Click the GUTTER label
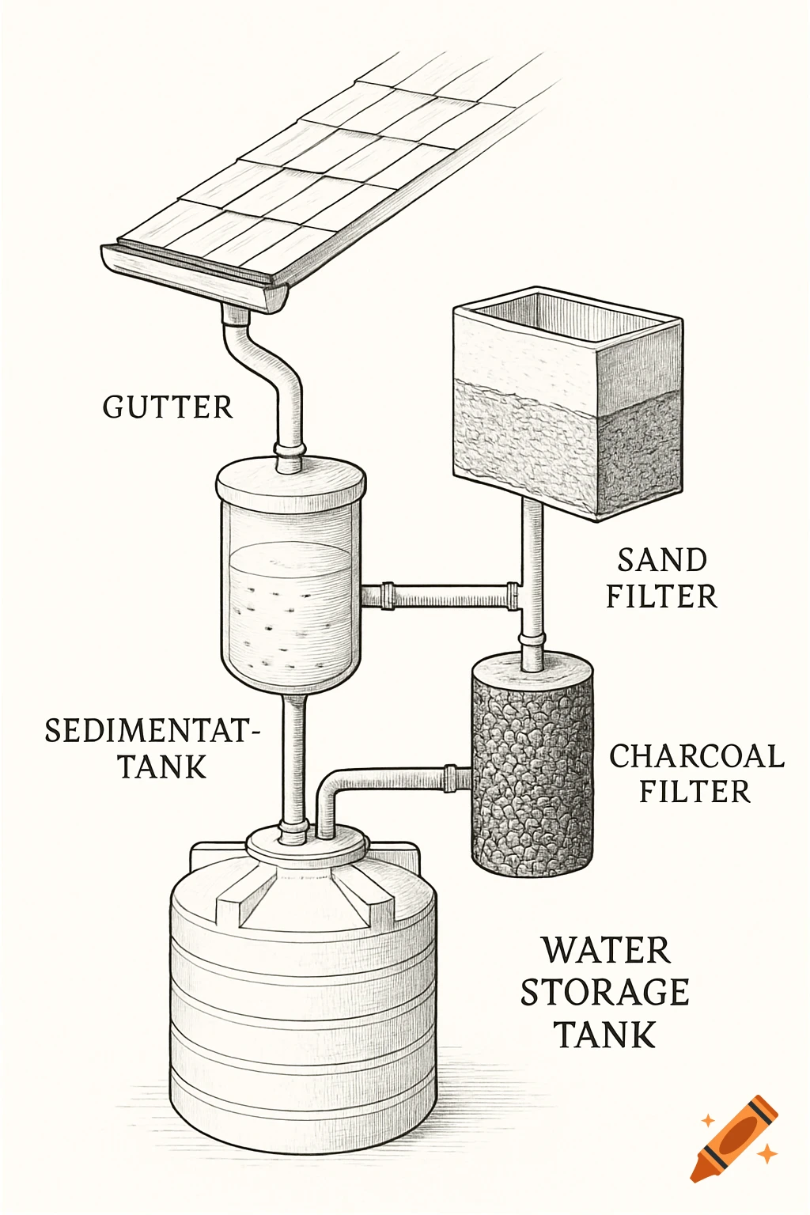[168, 407]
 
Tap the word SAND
[662, 560]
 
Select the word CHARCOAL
[696, 756]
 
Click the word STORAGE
[605, 993]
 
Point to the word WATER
[606, 950]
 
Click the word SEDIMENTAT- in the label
[152, 730]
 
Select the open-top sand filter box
[566, 403]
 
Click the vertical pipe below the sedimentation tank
[293, 759]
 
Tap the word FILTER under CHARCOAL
[695, 792]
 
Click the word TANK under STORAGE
[605, 1035]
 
